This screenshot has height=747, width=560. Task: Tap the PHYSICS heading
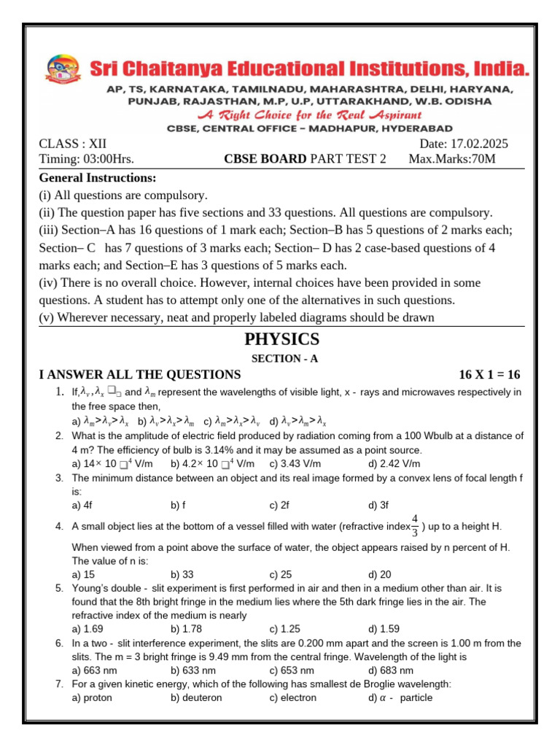pos(281,339)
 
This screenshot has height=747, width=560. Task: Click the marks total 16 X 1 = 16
pos(489,375)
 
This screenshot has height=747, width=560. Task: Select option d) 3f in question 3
pos(379,504)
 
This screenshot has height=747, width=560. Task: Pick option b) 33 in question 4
pos(182,574)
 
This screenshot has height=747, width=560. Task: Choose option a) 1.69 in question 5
pos(87,628)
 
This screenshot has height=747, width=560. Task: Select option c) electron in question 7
pos(293,697)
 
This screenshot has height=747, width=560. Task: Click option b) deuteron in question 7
pos(196,697)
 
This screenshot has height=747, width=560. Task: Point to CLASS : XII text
pos(72,144)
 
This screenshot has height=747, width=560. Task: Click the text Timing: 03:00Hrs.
pos(86,159)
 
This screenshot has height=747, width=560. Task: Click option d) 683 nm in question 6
pos(391,670)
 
